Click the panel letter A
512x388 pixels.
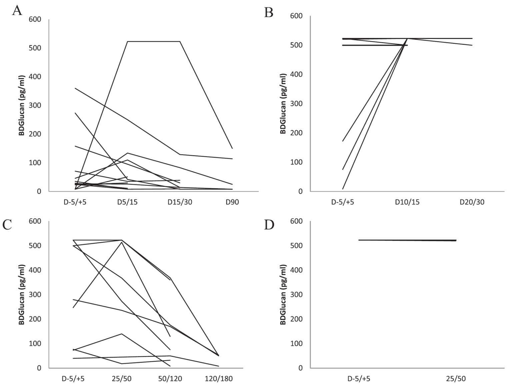click(17, 10)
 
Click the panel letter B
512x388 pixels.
click(268, 13)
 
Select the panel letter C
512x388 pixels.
click(7, 225)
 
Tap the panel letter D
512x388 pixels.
click(269, 225)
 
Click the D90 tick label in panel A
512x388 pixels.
click(232, 202)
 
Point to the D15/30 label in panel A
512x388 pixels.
click(180, 202)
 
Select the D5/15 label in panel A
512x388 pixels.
click(127, 202)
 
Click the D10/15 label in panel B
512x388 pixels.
click(407, 202)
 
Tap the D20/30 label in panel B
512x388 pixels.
click(472, 202)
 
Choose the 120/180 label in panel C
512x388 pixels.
click(219, 379)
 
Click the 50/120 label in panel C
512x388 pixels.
click(170, 379)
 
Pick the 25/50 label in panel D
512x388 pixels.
click(456, 379)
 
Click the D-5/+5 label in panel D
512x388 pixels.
click(359, 379)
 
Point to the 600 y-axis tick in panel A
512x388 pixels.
click(35, 19)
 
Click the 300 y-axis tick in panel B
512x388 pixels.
click(296, 104)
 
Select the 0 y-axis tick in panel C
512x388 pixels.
click(39, 368)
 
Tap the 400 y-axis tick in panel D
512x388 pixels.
click(296, 270)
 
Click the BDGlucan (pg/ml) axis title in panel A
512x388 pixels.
click(22, 105)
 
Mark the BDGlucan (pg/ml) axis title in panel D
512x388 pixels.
click(283, 294)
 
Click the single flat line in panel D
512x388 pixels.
click(407, 240)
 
